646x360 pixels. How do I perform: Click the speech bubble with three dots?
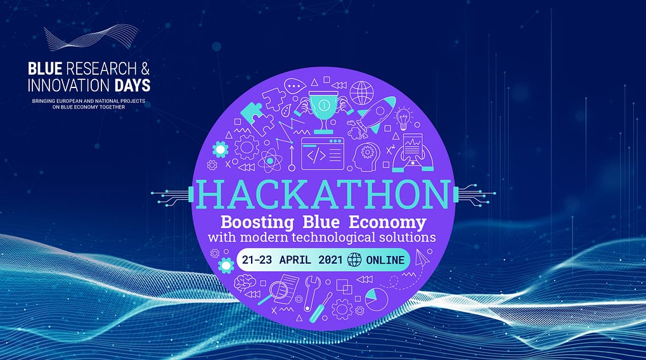click(295, 86)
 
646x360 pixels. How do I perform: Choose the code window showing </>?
click(323, 153)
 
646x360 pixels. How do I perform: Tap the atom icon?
click(269, 160)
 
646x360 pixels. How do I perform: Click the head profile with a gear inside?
click(365, 157)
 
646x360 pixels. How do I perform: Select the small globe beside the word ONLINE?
click(354, 259)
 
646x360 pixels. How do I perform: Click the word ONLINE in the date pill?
click(385, 260)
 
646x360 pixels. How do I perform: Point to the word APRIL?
click(295, 260)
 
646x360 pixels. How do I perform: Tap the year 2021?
click(330, 260)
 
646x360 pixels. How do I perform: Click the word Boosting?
click(257, 222)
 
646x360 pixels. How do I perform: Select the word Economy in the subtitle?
click(387, 222)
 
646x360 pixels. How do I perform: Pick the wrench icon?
click(311, 293)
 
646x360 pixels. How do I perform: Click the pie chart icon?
click(377, 299)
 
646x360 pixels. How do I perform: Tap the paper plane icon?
click(420, 258)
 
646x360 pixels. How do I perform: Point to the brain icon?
click(245, 283)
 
